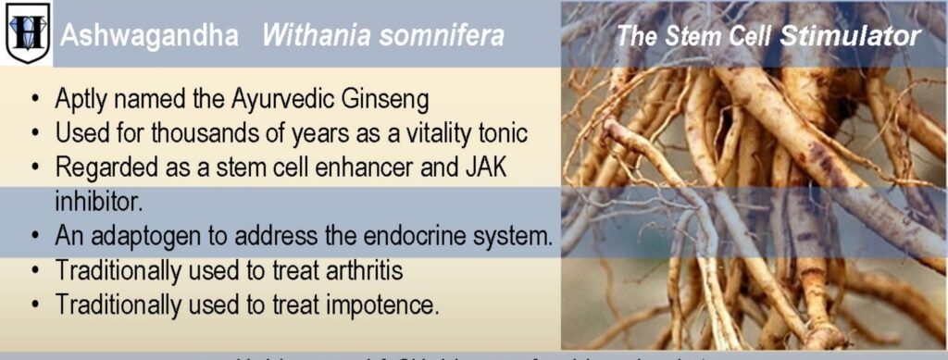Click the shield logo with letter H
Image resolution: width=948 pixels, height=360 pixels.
[x=27, y=34]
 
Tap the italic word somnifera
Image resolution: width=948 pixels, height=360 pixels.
[x=448, y=36]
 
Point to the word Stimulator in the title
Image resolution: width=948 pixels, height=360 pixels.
[x=850, y=36]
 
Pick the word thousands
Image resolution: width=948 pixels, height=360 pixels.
[x=208, y=132]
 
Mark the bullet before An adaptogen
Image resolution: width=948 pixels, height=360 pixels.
[x=34, y=236]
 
